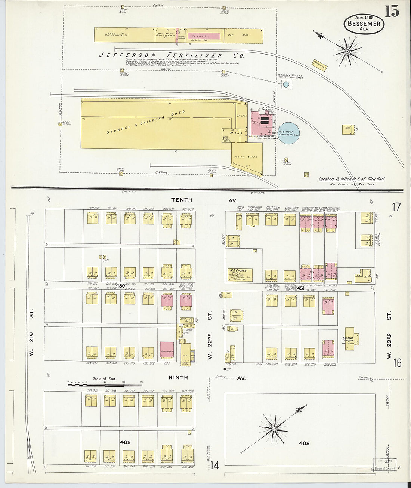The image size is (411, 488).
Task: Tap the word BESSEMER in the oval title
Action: (x=364, y=24)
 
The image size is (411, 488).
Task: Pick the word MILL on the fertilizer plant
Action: (x=236, y=133)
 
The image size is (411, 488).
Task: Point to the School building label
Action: (x=349, y=339)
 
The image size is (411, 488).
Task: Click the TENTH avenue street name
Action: (x=182, y=200)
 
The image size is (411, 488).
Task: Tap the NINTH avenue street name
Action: (x=178, y=378)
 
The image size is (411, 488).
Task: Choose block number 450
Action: (x=120, y=286)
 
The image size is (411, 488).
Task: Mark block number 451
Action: (x=300, y=288)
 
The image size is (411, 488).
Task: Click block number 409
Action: (x=125, y=442)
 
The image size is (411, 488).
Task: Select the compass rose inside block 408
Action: (x=274, y=429)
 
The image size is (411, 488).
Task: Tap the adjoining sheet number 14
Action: (x=214, y=466)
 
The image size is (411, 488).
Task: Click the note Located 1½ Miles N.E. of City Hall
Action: (x=351, y=179)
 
